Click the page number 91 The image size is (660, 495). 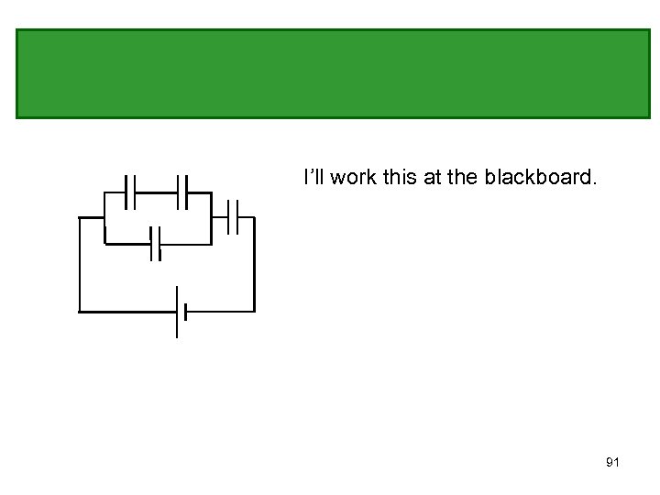coord(612,462)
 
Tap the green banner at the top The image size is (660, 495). coord(332,73)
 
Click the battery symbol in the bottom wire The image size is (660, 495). coord(181,312)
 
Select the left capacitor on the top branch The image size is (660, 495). coord(130,192)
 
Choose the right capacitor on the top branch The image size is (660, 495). coord(182,192)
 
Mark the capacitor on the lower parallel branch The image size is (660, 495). coord(156,244)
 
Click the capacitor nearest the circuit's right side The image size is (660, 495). coord(232,217)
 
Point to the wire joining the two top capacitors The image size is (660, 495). coord(156,192)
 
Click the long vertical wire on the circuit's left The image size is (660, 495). coord(80,266)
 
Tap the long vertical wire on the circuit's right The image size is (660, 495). coord(253,266)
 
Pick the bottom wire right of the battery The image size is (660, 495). coord(220,311)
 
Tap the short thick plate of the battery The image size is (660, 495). coord(185,312)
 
